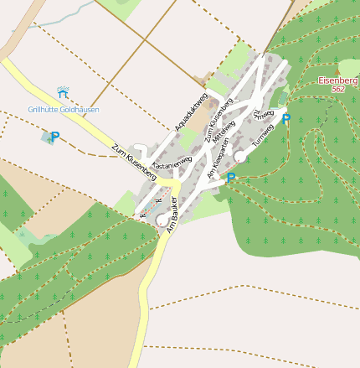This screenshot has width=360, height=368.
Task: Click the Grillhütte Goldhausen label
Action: pyautogui.click(x=64, y=110)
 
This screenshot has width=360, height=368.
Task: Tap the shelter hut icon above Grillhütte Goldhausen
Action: pyautogui.click(x=63, y=91)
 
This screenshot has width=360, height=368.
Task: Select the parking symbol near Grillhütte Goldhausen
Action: pyautogui.click(x=55, y=137)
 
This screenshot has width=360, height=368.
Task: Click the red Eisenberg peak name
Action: pyautogui.click(x=338, y=80)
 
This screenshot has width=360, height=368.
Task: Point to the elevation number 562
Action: pyautogui.click(x=338, y=89)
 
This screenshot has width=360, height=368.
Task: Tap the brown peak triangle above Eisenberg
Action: pyautogui.click(x=338, y=73)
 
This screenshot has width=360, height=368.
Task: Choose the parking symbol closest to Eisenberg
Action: pyautogui.click(x=286, y=119)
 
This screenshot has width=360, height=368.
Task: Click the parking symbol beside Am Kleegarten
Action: pyautogui.click(x=231, y=177)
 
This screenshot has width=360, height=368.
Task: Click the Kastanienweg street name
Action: pyautogui.click(x=171, y=158)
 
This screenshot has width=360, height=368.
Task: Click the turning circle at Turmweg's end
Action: pyautogui.click(x=240, y=156)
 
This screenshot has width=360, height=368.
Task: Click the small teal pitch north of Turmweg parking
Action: pyautogui.click(x=283, y=99)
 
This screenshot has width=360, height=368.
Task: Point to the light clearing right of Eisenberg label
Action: pyautogui.click(x=350, y=67)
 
